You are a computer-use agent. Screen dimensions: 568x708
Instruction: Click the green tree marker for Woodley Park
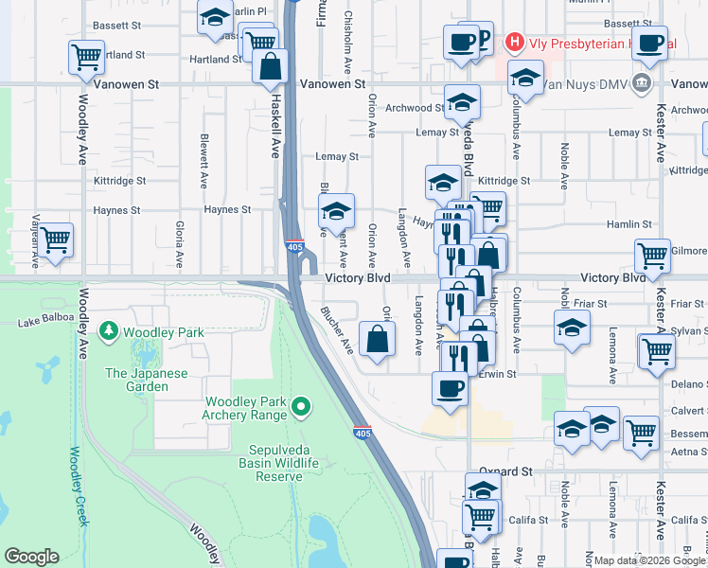click(x=111, y=331)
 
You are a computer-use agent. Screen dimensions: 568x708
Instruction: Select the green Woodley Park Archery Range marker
click(x=301, y=407)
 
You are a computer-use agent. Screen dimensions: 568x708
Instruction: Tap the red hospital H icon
click(x=513, y=41)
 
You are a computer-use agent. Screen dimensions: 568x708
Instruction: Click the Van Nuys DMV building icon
click(x=643, y=83)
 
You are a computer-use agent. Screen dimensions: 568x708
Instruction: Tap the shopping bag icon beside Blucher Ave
click(x=377, y=338)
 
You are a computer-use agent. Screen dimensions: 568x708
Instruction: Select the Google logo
click(x=31, y=557)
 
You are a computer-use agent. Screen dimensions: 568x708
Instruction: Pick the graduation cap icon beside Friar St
click(x=572, y=329)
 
